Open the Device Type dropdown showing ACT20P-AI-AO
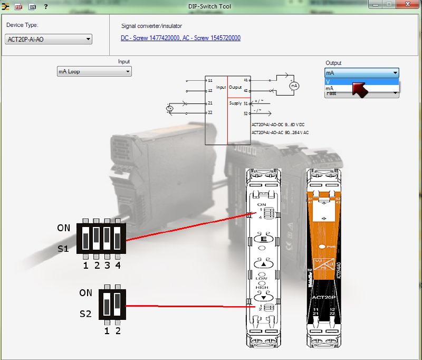48,39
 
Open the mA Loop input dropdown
94,72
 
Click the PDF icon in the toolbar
18,6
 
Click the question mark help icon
46,6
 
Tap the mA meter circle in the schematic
295,86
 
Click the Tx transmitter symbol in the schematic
170,109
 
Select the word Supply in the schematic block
235,103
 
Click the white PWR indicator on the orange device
322,247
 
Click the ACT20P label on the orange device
322,297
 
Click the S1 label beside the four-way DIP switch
63,248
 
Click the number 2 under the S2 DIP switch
118,331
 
